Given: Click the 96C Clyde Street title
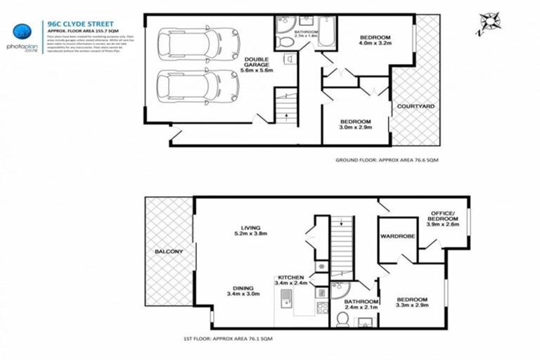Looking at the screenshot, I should coord(73,22).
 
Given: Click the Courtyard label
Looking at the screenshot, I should coord(416,106).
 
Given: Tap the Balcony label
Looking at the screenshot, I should coord(169,252).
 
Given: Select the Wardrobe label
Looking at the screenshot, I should coord(397,236).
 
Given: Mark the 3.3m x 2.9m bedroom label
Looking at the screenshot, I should coord(412,304).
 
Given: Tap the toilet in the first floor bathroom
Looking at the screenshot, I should coord(342,320).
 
